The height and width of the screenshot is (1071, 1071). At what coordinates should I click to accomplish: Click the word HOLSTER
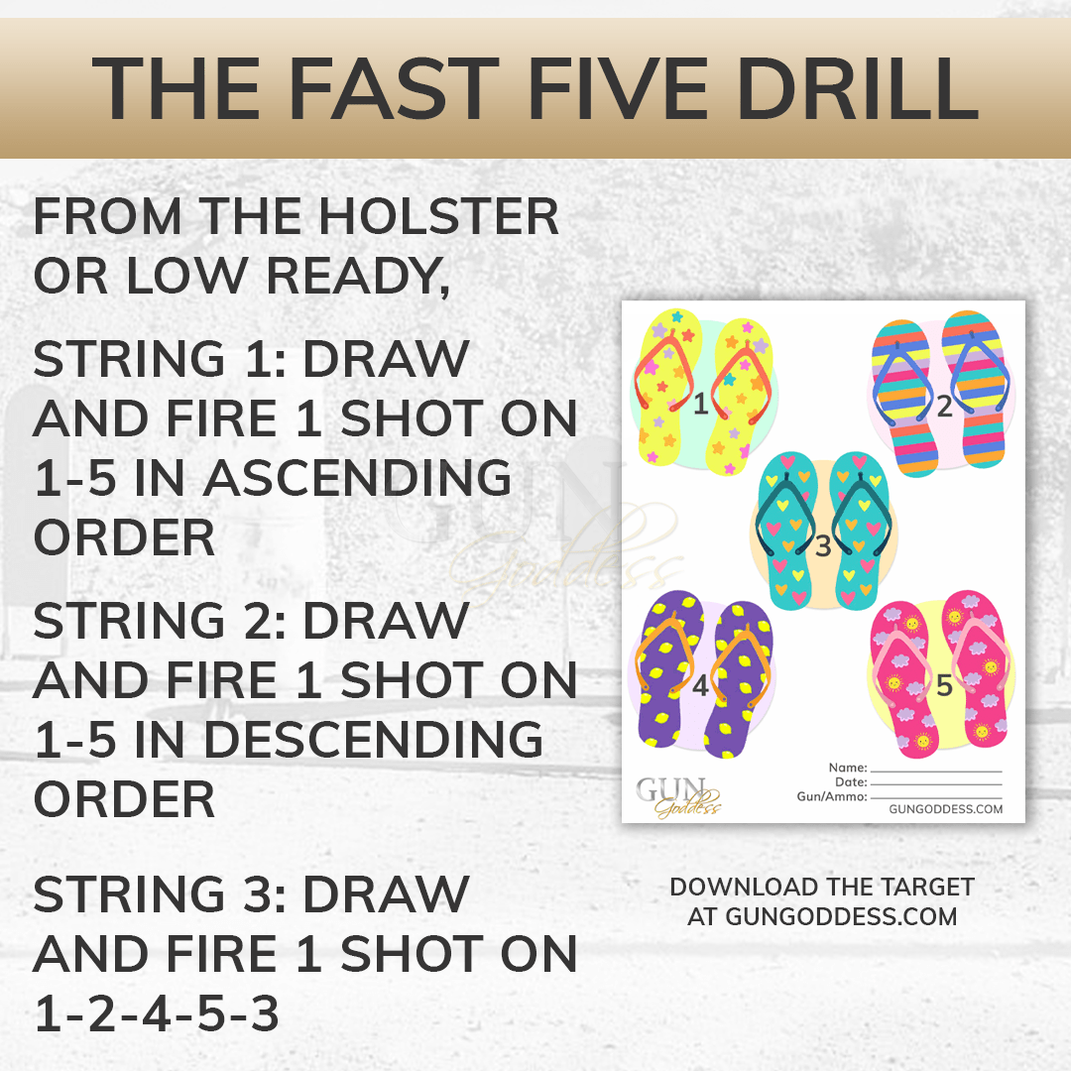438,216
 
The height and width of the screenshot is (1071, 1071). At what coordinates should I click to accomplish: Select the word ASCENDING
357,477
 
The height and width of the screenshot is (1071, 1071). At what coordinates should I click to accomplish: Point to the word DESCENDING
374,739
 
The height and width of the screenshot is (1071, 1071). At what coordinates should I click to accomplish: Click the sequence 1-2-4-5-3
157,1012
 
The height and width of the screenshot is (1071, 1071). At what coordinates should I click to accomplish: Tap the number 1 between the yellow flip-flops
701,405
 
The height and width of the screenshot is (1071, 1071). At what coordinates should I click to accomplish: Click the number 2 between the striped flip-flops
944,406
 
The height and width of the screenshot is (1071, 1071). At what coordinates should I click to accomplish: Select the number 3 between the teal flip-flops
823,545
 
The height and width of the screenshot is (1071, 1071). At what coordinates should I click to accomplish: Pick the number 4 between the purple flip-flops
700,685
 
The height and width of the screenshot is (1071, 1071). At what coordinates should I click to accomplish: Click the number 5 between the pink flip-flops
944,685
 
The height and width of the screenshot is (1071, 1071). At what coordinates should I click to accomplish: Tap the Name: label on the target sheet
848,768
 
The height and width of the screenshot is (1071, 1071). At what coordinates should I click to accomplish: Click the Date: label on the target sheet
851,782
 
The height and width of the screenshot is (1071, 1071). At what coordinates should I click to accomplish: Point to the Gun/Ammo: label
832,796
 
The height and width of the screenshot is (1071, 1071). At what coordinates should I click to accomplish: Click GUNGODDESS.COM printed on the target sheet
946,809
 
